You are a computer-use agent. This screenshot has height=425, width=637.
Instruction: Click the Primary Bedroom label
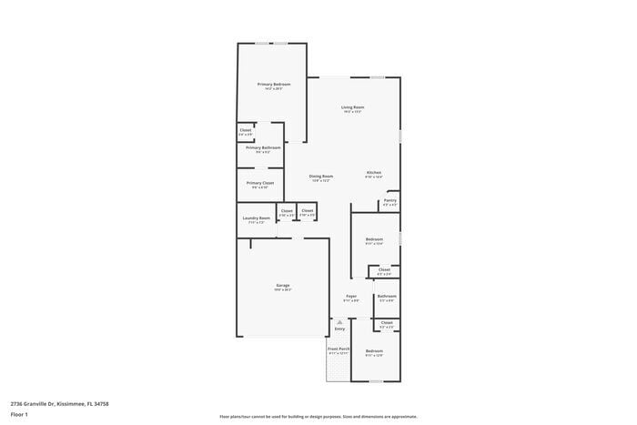coord(274,85)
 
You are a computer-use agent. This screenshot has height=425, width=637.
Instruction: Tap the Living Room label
coord(352,107)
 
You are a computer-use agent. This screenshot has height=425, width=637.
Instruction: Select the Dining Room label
coord(320,177)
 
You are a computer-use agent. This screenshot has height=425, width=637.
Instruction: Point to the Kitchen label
coord(374,173)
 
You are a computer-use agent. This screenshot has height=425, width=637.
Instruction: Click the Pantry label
coord(389,200)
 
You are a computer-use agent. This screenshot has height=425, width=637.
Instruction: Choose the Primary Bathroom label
coord(262,147)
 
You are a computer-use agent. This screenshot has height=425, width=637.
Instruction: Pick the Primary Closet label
coord(260,183)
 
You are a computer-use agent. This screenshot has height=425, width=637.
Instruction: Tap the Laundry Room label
coord(257,218)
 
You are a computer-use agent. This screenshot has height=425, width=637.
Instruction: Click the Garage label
coord(283,286)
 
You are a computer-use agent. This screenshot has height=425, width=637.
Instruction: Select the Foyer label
coord(351,296)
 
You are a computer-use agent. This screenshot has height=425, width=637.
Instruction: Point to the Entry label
coord(339,329)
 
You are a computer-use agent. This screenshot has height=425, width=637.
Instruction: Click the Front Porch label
coord(339,349)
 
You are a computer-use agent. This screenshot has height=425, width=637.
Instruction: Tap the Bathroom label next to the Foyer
coord(387,296)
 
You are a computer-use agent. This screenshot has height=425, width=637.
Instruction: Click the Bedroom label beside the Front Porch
coord(374,350)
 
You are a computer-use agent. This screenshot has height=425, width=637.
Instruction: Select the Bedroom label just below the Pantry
coord(374,239)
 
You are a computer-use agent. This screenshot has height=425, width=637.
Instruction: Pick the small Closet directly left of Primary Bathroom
coord(246,130)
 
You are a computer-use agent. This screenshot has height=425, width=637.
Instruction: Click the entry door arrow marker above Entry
coord(339,320)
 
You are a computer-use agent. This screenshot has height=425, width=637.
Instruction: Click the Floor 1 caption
coord(19,415)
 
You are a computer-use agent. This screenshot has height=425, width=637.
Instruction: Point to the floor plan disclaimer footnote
coord(318,415)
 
